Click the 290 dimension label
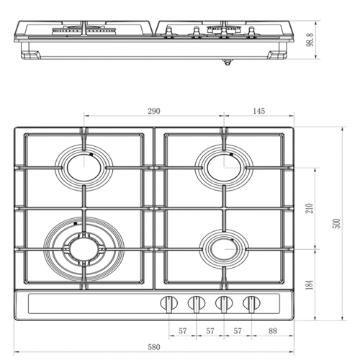[154, 111]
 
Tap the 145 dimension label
[259, 111]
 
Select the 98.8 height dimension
[310, 40]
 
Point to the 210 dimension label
[310, 208]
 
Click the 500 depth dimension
[337, 223]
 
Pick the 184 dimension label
[310, 284]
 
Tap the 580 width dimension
[154, 347]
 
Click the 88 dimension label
[273, 331]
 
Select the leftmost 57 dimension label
[183, 331]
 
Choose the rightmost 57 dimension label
[238, 331]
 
